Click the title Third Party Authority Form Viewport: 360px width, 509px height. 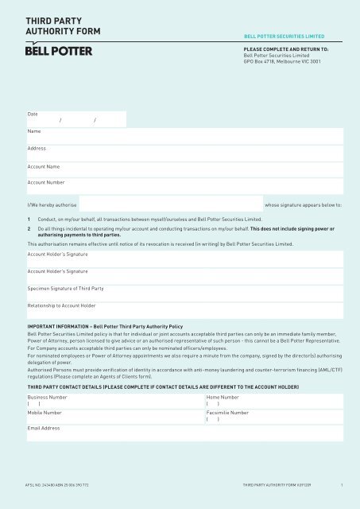pyautogui.click(x=57, y=25)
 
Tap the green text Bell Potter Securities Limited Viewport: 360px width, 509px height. pyautogui.click(x=288, y=36)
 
